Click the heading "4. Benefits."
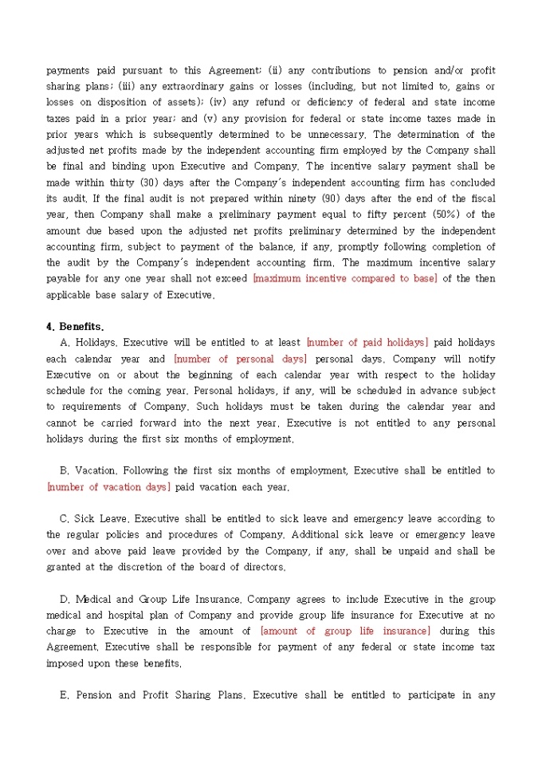(75, 326)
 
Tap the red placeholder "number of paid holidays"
(367, 342)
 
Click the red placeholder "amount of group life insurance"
(345, 631)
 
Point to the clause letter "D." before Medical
(65, 599)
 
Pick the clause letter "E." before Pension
(65, 695)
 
